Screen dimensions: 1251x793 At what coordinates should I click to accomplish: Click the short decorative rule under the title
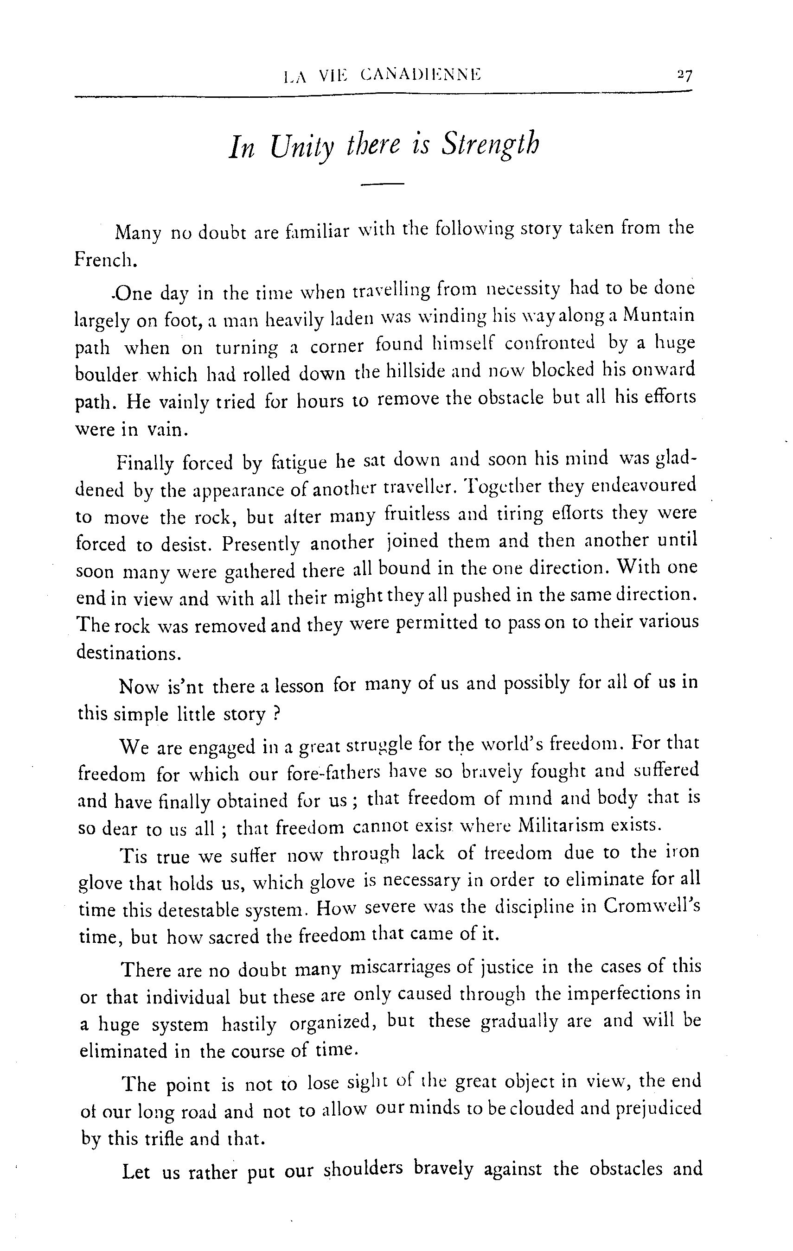click(382, 184)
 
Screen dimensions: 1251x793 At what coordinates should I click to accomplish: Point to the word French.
click(105, 259)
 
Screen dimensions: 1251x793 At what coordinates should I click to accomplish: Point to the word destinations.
click(128, 653)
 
